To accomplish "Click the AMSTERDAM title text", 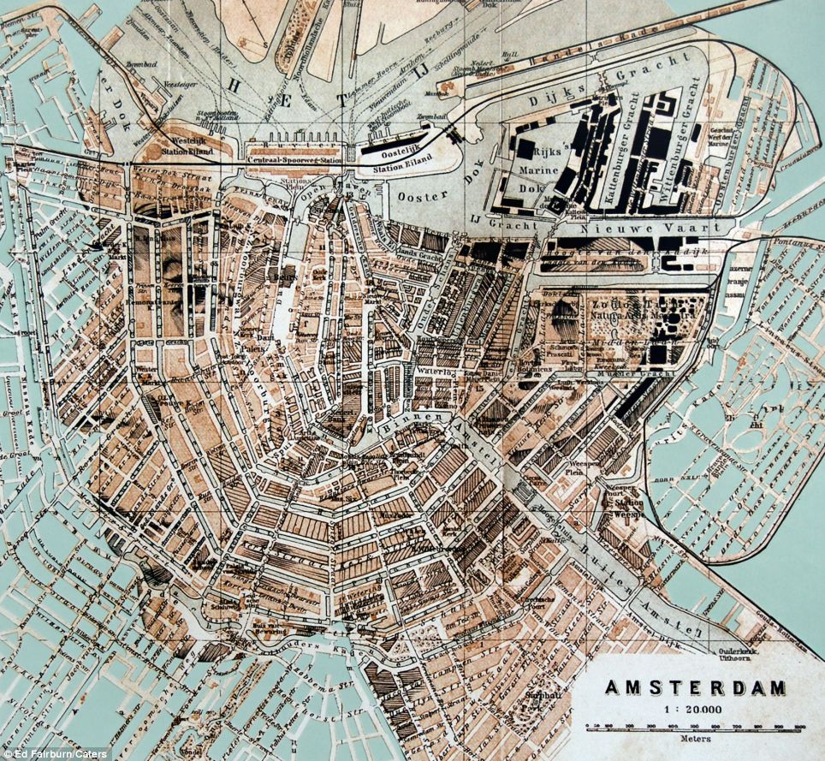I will tap(695, 687).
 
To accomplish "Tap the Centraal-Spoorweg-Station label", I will tap(296, 159).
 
